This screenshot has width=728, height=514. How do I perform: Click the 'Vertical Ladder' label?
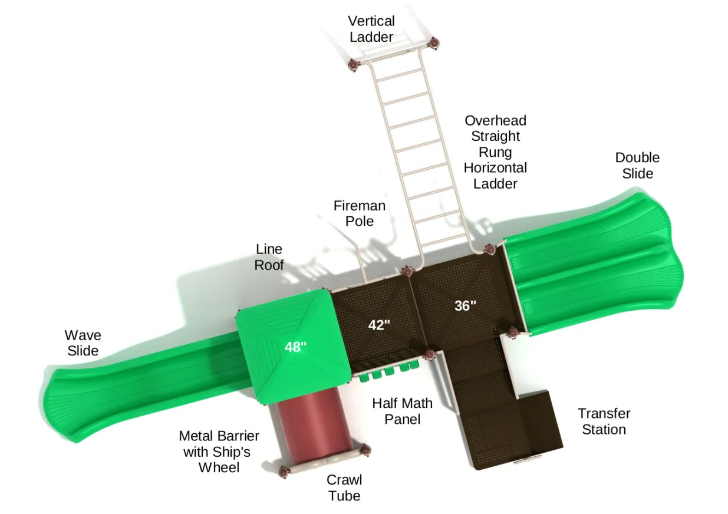tap(371, 29)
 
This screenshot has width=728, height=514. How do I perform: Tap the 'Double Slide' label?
tap(637, 166)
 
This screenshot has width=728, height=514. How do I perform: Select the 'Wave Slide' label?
tap(83, 343)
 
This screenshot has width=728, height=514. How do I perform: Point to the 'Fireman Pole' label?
tap(359, 213)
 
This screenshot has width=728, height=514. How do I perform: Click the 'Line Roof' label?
tap(269, 258)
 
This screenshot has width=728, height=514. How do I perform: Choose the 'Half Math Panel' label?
tap(402, 411)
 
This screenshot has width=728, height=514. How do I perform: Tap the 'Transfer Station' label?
tap(604, 421)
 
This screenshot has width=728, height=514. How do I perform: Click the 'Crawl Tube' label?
tap(344, 487)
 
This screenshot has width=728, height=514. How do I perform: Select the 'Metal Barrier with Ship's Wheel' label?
tap(219, 452)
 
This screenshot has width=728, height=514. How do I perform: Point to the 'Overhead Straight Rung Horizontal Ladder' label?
tap(495, 152)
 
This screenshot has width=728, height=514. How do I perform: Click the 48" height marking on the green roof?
tap(295, 347)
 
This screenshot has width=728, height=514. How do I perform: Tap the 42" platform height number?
tap(380, 325)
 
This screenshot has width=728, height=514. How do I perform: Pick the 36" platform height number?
tap(465, 306)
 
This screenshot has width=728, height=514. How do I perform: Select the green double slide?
tap(595, 265)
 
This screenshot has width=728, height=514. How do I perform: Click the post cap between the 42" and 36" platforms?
tap(406, 271)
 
